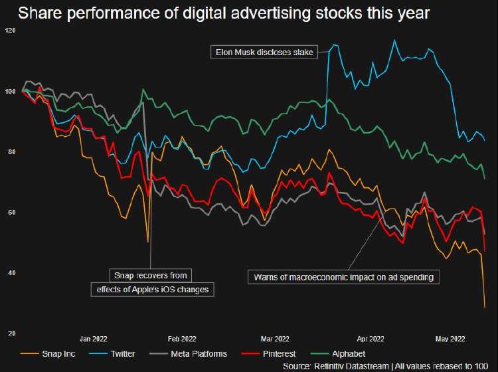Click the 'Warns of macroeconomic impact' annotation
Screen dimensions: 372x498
[343, 277]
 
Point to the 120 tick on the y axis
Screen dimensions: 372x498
[10, 31]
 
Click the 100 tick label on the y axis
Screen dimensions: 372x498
[10, 91]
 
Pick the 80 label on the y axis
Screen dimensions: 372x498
[11, 152]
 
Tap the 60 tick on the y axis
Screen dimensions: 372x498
[11, 213]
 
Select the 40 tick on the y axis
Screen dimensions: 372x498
[11, 273]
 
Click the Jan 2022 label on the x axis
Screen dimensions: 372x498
[94, 339]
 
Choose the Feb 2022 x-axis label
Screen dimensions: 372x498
[183, 339]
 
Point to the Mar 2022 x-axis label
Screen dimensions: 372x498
[276, 339]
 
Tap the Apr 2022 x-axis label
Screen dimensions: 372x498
[370, 339]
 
